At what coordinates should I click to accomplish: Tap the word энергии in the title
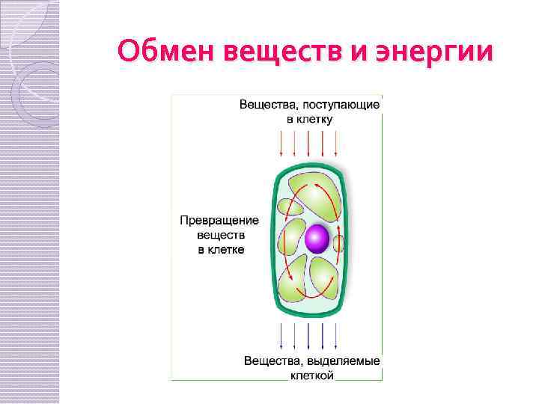point(442,53)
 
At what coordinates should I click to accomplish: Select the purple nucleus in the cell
point(316,239)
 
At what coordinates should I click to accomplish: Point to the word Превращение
point(219,221)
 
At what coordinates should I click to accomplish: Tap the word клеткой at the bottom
point(311,376)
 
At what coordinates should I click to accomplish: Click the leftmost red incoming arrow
point(281,143)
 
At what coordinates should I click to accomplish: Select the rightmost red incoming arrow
point(336,143)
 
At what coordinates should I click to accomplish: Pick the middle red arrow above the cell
point(308,143)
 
